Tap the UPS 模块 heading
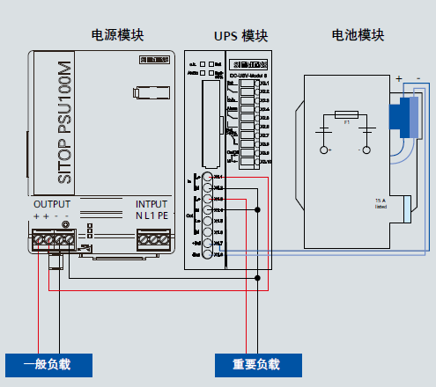(x=240, y=36)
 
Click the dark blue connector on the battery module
(x=402, y=119)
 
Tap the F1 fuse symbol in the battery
(x=347, y=113)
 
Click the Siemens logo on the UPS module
(x=248, y=64)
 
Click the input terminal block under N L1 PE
(x=153, y=238)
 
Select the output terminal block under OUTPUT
(x=53, y=238)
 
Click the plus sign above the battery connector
(x=398, y=78)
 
